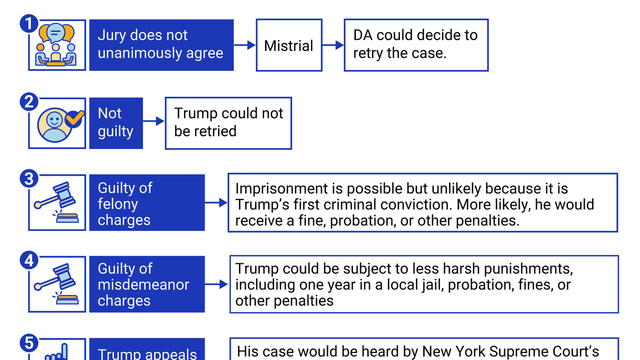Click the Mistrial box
[289, 45]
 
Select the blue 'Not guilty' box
[116, 123]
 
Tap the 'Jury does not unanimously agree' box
[161, 45]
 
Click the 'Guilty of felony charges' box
[147, 203]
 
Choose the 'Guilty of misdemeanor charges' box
[147, 284]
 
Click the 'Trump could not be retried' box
[228, 123]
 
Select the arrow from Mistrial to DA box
[333, 45]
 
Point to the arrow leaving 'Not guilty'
[154, 121]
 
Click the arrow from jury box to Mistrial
[245, 45]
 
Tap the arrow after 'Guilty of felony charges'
[216, 203]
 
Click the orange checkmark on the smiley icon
[75, 118]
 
